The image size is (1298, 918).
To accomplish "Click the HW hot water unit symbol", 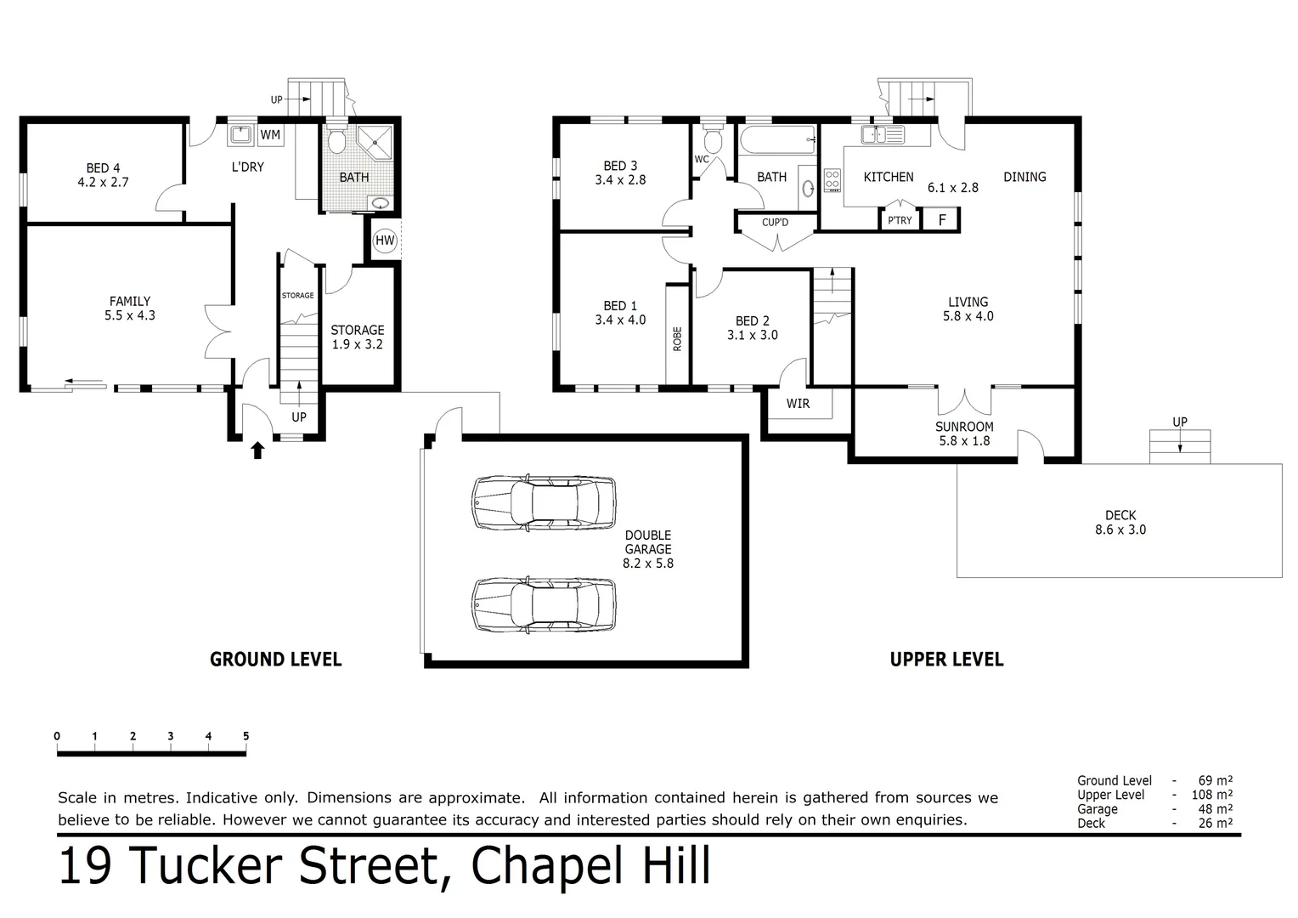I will [385, 241].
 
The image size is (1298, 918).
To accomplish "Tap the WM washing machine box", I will [270, 135].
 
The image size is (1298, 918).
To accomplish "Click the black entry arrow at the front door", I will [258, 450].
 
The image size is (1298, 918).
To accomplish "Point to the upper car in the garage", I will [544, 502].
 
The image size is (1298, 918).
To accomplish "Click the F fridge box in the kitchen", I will [942, 219].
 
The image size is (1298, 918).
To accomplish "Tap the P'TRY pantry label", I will [900, 220].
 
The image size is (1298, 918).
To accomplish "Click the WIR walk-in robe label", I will [798, 404].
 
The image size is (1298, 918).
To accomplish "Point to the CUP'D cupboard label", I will [775, 223].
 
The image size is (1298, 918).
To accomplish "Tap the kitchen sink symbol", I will [882, 134].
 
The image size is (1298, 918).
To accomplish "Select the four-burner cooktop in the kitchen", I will [832, 180].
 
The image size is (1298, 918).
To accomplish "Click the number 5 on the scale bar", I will [245, 736].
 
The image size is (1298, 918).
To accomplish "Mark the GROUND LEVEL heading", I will [275, 660].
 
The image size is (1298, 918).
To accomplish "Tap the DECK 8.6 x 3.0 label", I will [1120, 522].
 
